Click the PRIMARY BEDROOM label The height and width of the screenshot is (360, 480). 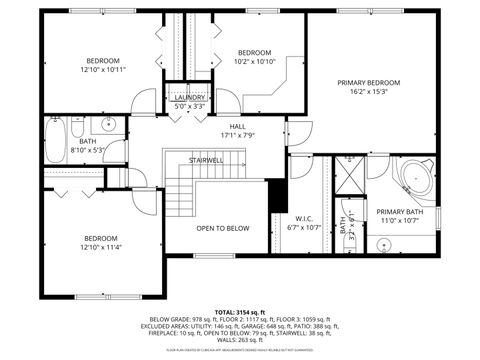point(368,82)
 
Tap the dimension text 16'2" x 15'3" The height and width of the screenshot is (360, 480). point(368,92)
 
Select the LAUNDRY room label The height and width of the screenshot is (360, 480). point(189,97)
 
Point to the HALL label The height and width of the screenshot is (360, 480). point(238,126)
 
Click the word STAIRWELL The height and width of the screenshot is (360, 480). point(206,160)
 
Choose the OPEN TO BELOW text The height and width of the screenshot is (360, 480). point(222,228)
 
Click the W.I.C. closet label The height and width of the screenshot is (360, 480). point(305,218)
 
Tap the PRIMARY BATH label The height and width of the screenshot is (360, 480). point(399,211)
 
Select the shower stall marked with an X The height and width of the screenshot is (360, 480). point(350,176)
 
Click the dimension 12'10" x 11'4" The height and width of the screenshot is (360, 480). point(103,247)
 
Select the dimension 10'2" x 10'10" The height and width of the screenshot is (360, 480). point(254,61)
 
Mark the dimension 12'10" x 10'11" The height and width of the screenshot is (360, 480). point(103,70)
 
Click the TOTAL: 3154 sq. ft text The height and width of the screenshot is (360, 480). point(239,314)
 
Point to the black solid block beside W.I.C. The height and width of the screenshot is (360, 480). point(278,195)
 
